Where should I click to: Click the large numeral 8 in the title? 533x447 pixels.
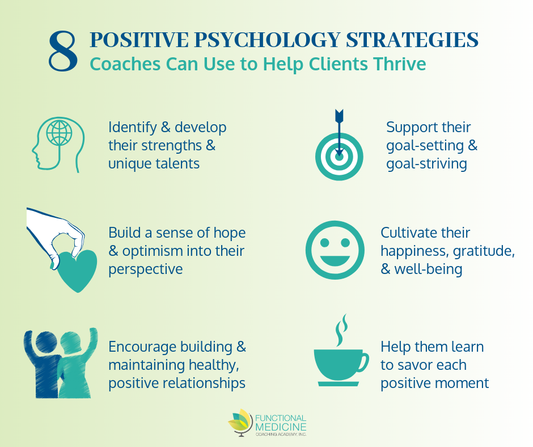(64, 52)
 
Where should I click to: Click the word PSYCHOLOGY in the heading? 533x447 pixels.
(267, 40)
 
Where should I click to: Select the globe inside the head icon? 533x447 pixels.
(59, 132)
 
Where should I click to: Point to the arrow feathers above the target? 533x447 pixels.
(339, 116)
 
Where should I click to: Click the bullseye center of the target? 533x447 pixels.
(339, 157)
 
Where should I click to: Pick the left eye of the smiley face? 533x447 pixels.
(325, 243)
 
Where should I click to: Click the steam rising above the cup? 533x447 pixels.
(341, 330)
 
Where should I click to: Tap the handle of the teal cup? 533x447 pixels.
(363, 363)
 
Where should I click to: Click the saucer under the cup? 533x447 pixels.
(338, 383)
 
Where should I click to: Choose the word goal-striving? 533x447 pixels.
(426, 165)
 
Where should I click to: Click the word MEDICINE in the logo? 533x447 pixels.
(281, 427)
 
